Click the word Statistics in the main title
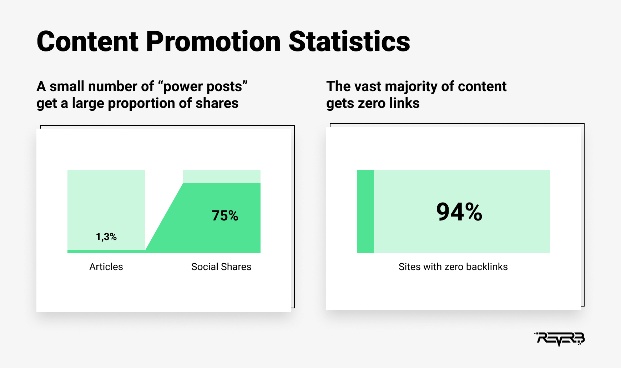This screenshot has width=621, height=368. point(349,41)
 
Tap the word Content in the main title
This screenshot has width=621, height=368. point(87,41)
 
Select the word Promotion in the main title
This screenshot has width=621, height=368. point(213,41)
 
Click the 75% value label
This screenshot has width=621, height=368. point(225,215)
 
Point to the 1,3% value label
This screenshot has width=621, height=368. point(106,237)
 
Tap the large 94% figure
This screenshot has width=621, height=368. point(459,212)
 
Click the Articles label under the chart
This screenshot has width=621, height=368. point(106,267)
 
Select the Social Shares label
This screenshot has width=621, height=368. point(221,267)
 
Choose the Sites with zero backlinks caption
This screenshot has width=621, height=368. point(453,267)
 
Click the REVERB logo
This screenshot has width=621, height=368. point(559,339)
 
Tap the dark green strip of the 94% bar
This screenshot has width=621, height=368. point(365,211)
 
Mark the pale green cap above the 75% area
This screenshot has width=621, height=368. point(222,176)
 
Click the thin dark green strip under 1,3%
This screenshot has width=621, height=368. point(106,252)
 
